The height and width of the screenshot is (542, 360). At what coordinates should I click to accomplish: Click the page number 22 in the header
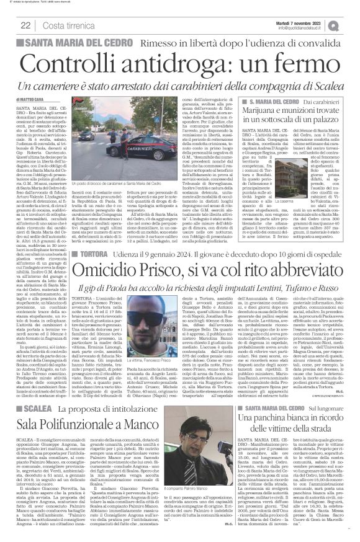point(26,24)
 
